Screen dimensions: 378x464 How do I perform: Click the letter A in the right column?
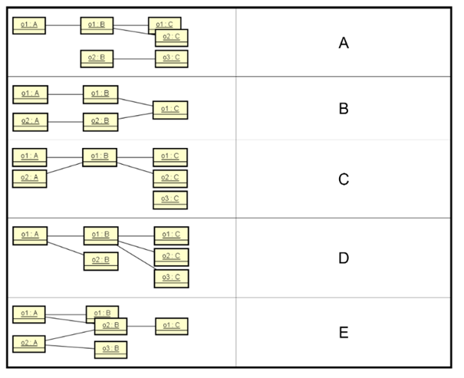(x=344, y=43)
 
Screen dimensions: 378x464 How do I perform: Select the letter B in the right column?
(x=344, y=109)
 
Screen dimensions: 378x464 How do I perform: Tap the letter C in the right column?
(x=344, y=179)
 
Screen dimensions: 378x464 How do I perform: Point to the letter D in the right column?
(x=344, y=258)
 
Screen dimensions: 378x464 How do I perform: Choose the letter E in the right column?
(x=344, y=332)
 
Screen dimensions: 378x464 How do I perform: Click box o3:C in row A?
(x=171, y=58)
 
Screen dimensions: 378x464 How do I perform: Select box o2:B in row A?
(x=97, y=58)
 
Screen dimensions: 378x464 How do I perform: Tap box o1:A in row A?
(x=30, y=26)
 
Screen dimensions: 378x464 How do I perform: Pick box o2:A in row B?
(x=30, y=121)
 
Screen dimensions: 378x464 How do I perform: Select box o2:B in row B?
(x=100, y=121)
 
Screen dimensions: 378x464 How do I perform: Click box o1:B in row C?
(x=100, y=157)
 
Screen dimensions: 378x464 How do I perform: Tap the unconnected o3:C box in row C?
(x=170, y=200)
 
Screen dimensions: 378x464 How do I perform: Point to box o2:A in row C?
(x=30, y=178)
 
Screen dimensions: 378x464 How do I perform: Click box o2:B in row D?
(x=100, y=261)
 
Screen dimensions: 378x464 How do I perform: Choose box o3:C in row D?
(x=171, y=278)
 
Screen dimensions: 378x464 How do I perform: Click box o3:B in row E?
(x=110, y=350)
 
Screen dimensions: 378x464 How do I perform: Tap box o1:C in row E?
(x=172, y=327)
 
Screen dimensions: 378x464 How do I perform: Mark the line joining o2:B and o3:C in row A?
(x=135, y=58)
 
